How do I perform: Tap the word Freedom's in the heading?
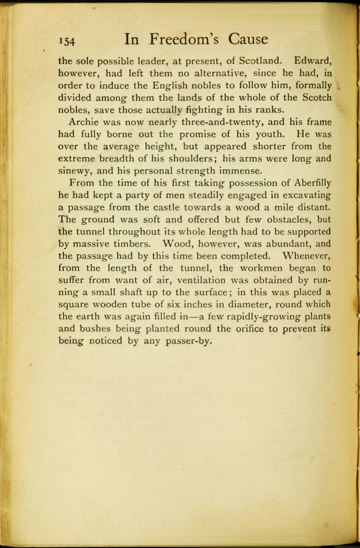tap(184, 39)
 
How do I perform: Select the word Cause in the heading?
tap(249, 39)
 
